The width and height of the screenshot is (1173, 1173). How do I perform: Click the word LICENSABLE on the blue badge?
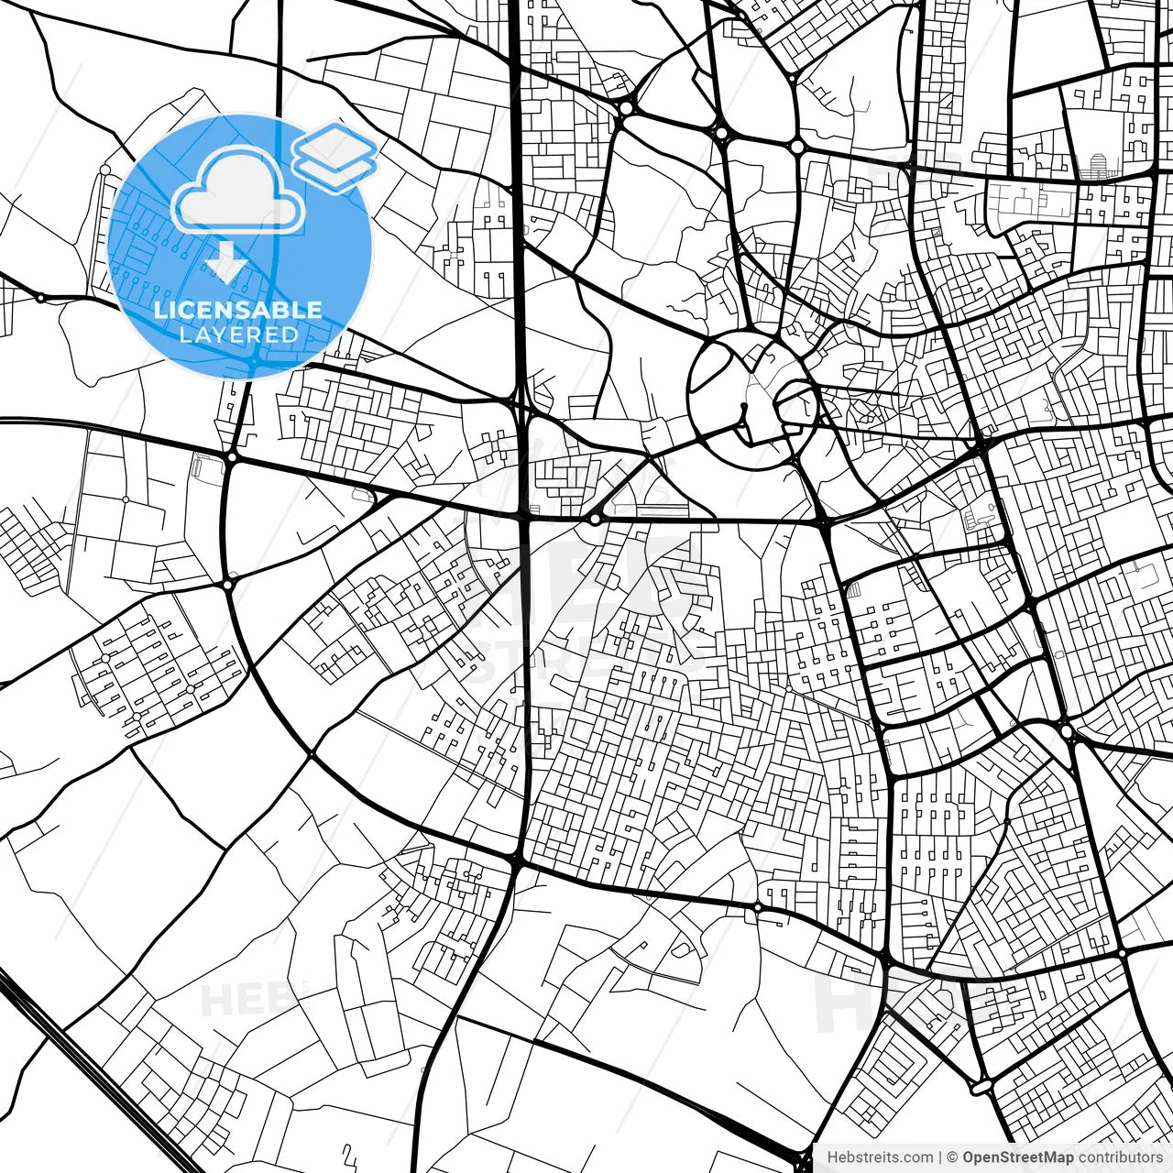click(238, 310)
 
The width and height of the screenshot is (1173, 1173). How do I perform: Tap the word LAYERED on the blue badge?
click(238, 334)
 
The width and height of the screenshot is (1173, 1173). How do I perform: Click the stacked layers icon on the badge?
click(335, 156)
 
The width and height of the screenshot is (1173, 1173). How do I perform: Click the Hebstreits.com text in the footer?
click(880, 1157)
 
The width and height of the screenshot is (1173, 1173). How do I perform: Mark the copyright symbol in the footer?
click(952, 1157)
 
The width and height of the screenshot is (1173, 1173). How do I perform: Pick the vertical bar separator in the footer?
click(940, 1157)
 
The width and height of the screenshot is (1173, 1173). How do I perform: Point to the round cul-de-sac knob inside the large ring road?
click(744, 406)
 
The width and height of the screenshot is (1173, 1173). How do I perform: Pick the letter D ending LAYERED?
click(291, 334)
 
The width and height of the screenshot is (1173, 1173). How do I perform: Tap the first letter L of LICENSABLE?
click(160, 310)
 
